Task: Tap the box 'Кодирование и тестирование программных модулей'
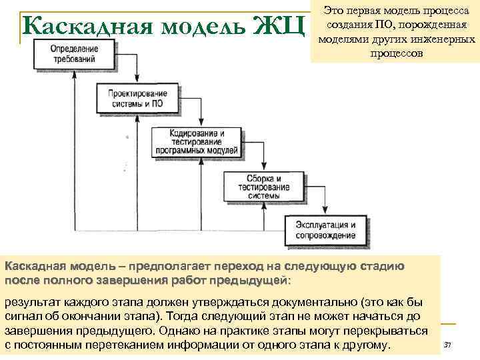(187, 142)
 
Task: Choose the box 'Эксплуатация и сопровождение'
(325, 230)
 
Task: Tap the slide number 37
(447, 345)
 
